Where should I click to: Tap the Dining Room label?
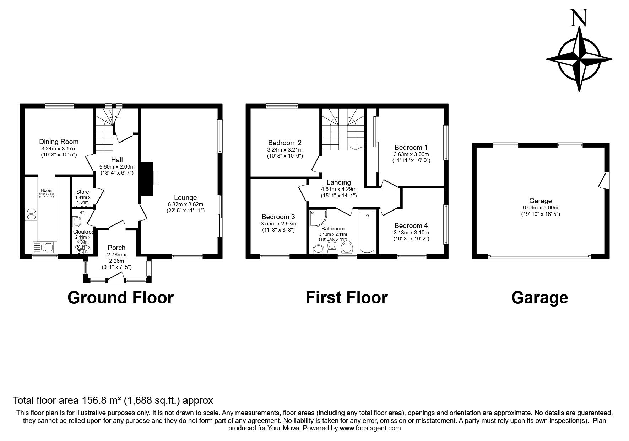(59, 142)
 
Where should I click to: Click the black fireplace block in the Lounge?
(147, 179)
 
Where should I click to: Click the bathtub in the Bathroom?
(367, 231)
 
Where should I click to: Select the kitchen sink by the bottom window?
(43, 246)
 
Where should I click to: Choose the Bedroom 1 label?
(411, 147)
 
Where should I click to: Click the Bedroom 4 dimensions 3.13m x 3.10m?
(411, 232)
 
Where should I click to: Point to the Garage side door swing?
(603, 181)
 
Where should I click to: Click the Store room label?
(82, 192)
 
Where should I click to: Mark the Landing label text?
(338, 182)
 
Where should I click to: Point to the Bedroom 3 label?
(278, 217)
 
